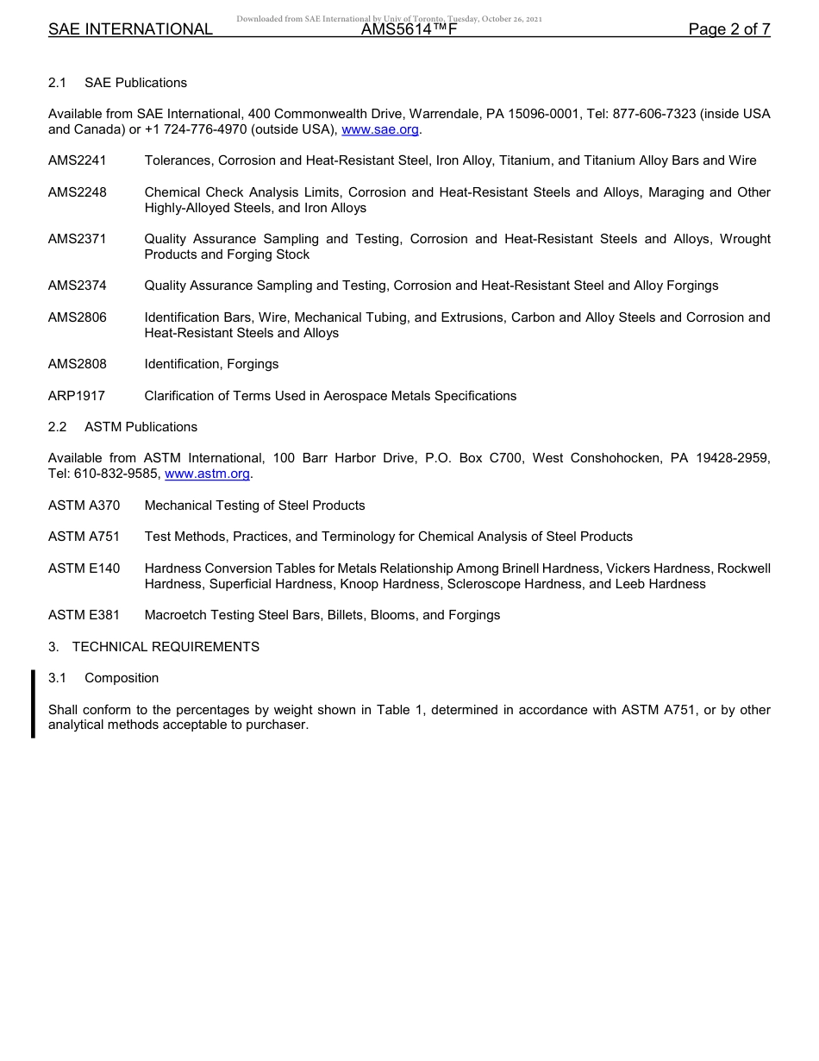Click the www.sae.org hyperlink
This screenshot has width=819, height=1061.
[380, 129]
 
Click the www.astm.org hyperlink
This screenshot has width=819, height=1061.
[207, 474]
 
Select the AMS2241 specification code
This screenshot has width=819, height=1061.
[78, 160]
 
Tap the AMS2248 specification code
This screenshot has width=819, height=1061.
[78, 192]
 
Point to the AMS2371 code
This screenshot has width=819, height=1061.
[78, 239]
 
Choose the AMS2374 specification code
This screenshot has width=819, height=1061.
[78, 286]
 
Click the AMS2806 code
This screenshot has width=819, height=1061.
[78, 317]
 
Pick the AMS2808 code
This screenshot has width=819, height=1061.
[78, 364]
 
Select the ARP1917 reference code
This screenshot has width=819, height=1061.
[77, 396]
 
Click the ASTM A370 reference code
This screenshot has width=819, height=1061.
[84, 505]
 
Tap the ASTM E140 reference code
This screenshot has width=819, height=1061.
[84, 568]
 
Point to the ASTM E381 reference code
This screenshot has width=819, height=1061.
[84, 615]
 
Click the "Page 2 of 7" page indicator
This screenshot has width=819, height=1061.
[729, 29]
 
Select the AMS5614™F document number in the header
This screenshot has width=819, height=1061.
[409, 29]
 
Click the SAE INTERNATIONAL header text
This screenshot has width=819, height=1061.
[130, 29]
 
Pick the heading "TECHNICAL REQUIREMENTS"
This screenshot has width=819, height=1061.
[166, 647]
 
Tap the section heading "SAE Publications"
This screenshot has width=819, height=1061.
[135, 83]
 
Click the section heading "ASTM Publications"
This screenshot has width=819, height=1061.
[141, 427]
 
